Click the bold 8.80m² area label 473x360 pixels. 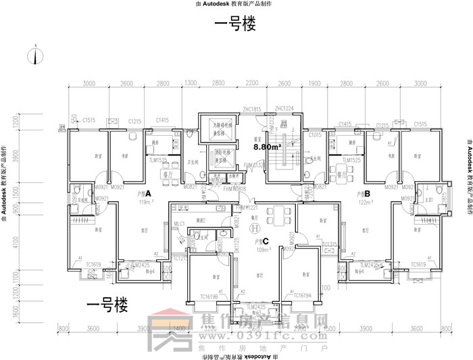coord(266,146)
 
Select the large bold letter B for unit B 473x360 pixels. coord(368,193)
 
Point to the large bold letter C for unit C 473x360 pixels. coord(266,240)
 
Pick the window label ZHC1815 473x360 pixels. coord(251,109)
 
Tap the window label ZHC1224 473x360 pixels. coord(284,109)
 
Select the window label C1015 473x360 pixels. coord(315,135)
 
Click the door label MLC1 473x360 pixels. coord(179,224)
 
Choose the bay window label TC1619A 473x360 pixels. coord(302,297)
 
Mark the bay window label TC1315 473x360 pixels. coord(329,244)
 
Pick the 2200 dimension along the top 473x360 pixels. coord(252,83)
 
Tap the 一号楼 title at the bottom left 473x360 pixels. coord(106,306)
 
